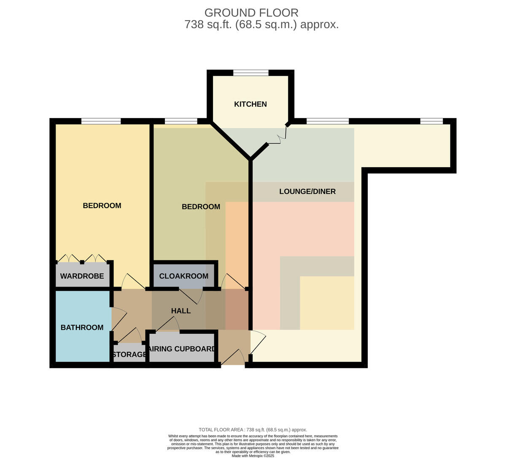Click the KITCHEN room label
[x=250, y=104]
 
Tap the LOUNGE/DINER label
[x=307, y=191]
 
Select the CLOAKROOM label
[x=183, y=276]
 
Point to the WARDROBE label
[x=82, y=276]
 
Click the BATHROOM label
[x=82, y=327]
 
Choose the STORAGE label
[x=129, y=354]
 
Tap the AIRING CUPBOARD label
[x=182, y=349]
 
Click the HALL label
[x=181, y=311]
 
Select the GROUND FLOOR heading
[x=251, y=13]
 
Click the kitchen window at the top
[x=251, y=73]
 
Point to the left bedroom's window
[x=101, y=121]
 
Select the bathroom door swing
[x=119, y=319]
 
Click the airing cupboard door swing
[x=167, y=324]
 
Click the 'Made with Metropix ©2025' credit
[x=253, y=456]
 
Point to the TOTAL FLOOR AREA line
[x=253, y=430]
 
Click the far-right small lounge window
[x=431, y=121]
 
